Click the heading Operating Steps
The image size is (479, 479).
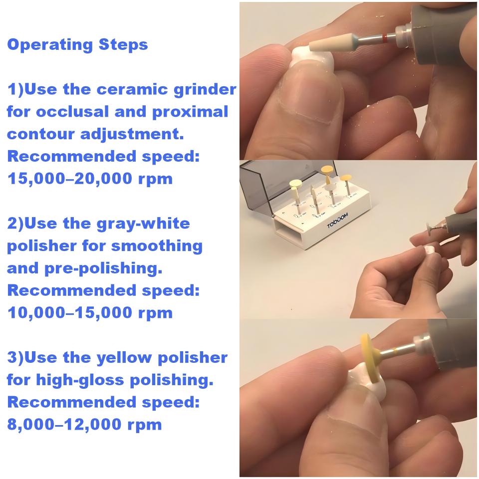(77, 44)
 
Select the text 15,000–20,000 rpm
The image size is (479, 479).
(90, 179)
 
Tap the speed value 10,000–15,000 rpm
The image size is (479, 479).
(90, 313)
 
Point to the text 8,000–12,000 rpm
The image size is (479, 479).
(84, 425)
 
